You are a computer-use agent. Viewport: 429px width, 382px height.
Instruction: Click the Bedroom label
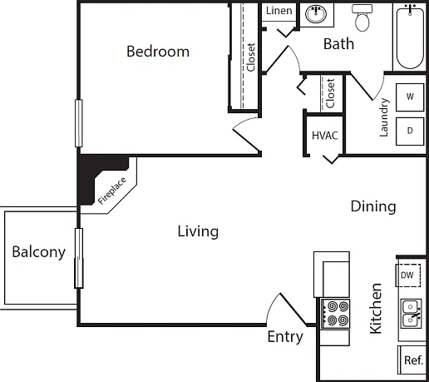click(158, 52)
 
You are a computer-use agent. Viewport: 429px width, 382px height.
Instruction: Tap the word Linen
click(279, 11)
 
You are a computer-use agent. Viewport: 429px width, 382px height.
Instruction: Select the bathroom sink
click(316, 14)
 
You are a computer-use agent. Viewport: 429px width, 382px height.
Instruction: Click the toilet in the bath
click(362, 18)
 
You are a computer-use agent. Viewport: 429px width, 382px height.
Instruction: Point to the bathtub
click(410, 37)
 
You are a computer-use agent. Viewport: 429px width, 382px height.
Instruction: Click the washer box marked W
click(410, 97)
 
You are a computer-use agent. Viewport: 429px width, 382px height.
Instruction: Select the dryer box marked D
click(410, 131)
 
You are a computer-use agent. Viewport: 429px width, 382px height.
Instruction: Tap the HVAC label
click(325, 136)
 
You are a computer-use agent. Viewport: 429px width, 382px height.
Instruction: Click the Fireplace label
click(112, 191)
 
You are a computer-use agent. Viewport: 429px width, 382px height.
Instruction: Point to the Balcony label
click(39, 252)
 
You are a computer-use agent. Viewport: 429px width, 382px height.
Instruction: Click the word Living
click(198, 231)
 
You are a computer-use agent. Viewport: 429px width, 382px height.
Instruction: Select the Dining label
click(373, 206)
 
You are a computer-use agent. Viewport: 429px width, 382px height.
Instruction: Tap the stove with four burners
click(335, 314)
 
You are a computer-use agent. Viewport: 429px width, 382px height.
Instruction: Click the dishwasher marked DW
click(408, 275)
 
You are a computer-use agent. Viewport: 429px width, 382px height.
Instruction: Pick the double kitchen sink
click(412, 314)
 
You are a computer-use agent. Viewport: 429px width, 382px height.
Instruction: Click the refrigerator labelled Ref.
click(412, 360)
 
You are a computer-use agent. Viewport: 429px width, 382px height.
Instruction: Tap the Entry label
click(285, 337)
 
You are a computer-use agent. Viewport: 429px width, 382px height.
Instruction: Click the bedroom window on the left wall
click(79, 123)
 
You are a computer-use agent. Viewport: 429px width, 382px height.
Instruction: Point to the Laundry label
click(384, 117)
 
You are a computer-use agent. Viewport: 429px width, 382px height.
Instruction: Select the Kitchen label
click(376, 309)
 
